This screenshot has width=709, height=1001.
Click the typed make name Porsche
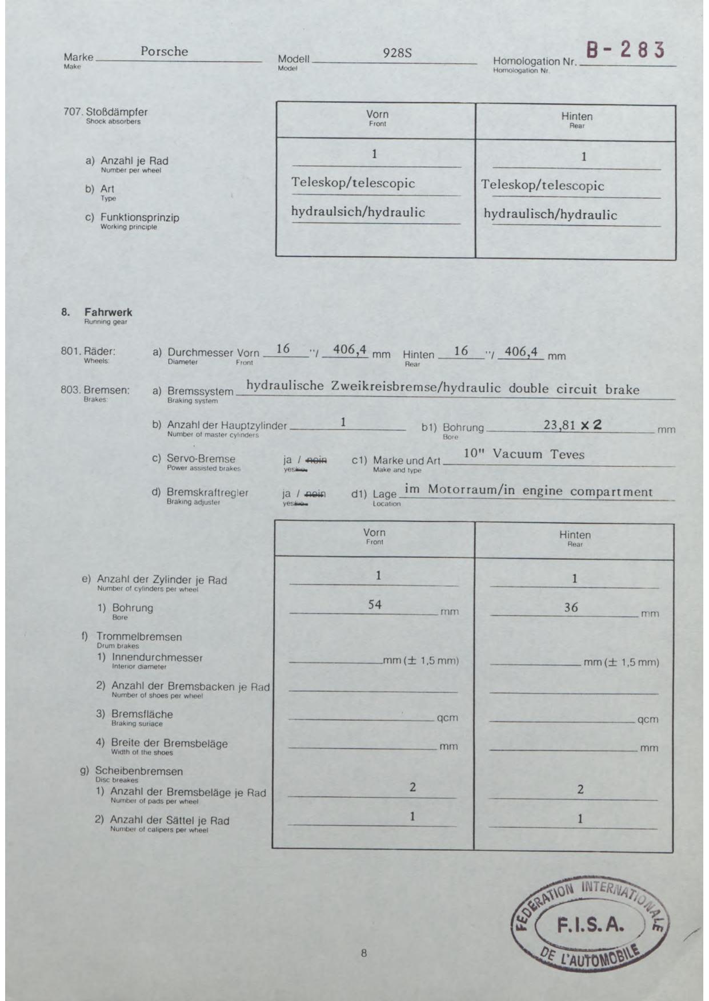click(164, 51)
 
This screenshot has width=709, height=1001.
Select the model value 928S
click(397, 53)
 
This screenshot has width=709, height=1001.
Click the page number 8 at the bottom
click(363, 952)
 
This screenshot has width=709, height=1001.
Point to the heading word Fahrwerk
click(108, 312)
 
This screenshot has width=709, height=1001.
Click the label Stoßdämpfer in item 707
click(117, 112)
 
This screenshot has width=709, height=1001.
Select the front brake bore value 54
click(374, 604)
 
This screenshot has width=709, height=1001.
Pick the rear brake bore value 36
click(571, 607)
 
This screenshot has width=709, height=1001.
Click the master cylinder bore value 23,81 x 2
click(572, 425)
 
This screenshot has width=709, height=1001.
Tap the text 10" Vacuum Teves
click(524, 454)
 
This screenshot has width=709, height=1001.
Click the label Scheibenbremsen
click(139, 771)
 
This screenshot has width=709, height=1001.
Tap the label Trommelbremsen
click(139, 636)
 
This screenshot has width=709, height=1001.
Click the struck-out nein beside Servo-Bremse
click(317, 460)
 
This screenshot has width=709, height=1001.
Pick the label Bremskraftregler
click(207, 493)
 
